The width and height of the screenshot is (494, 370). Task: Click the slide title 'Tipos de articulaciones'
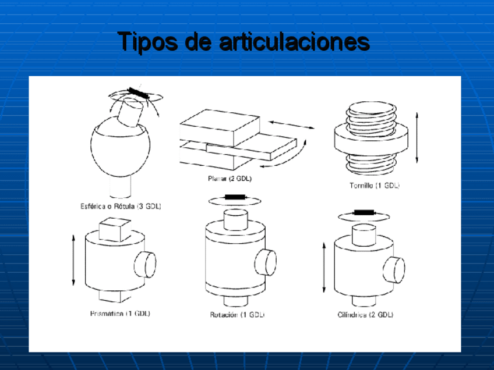tap(244, 41)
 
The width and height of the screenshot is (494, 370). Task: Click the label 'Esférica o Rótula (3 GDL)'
tap(121, 206)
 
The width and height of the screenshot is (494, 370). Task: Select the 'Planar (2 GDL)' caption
tap(230, 179)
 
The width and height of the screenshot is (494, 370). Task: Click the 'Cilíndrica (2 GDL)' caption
tap(365, 315)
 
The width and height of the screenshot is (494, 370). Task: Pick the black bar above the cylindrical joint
tap(364, 212)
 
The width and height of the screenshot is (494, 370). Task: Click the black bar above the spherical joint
tap(139, 93)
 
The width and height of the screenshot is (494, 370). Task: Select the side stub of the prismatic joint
tap(146, 265)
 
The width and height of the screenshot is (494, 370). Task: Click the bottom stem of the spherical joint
tap(121, 186)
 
